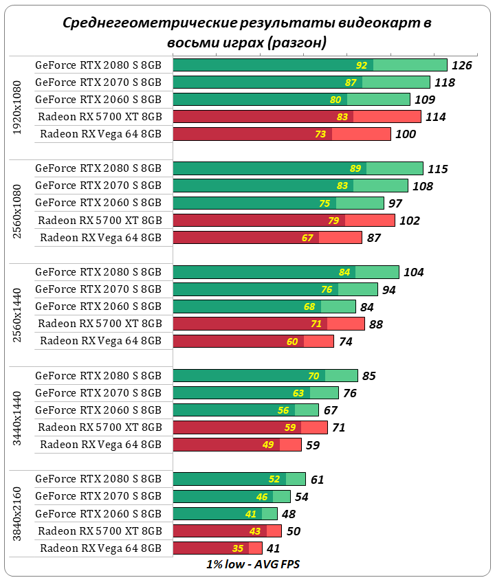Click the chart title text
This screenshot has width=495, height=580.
tap(247, 32)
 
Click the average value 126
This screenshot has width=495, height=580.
tap(462, 65)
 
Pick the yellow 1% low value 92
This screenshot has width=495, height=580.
tap(362, 65)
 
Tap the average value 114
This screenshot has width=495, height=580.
tap(436, 117)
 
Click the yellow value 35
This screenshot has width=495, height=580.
tap(239, 548)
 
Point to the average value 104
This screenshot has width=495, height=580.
tap(414, 272)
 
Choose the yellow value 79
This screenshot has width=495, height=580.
tap(333, 221)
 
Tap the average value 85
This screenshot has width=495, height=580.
tap(369, 376)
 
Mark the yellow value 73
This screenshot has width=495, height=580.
tap(320, 134)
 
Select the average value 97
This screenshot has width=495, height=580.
tap(395, 203)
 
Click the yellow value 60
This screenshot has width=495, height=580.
tap(292, 342)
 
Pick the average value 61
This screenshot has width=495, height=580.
tap(317, 480)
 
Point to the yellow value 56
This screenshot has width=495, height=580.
tap(283, 410)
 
